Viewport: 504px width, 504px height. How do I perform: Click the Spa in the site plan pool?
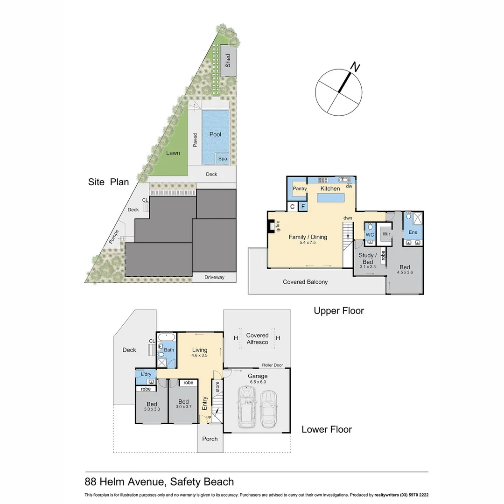223,159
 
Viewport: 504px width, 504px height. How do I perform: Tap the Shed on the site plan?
228,60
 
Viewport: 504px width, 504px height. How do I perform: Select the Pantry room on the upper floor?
299,189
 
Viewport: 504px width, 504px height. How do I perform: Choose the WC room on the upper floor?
370,234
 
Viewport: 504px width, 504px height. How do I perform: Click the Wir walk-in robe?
386,234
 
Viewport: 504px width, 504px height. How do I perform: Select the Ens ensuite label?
413,232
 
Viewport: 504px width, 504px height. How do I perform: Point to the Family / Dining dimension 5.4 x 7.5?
308,243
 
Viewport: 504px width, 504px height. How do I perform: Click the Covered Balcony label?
305,282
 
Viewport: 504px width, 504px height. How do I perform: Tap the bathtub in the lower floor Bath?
166,337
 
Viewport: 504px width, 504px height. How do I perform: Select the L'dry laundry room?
146,375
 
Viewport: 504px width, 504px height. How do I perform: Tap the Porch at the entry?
210,439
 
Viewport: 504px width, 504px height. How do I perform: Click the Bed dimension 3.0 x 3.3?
152,409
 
